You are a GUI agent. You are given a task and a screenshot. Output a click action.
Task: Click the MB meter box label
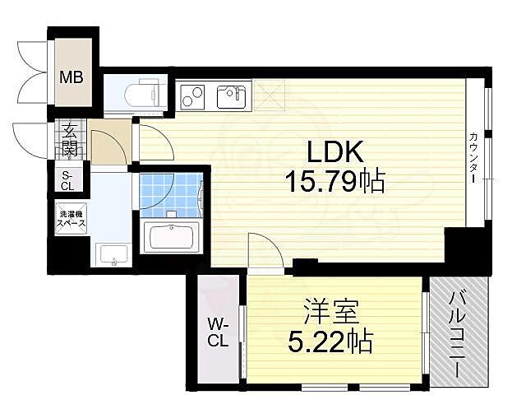(71, 79)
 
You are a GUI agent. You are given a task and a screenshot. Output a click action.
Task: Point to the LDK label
(334, 153)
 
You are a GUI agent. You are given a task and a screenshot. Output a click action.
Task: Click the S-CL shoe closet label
(67, 180)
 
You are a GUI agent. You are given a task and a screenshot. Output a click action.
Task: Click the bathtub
(172, 239)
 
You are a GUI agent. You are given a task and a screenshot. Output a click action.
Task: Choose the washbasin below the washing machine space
(110, 256)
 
